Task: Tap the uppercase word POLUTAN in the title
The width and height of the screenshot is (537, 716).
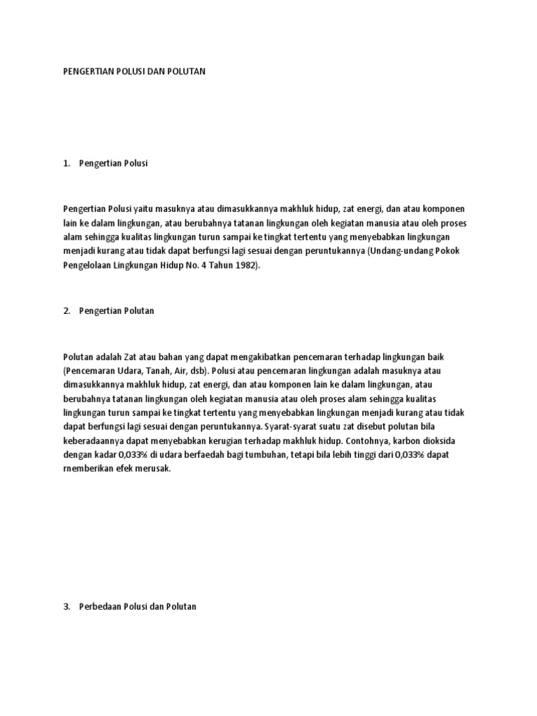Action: [x=187, y=72]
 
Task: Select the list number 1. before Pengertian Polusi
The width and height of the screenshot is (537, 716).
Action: [x=66, y=163]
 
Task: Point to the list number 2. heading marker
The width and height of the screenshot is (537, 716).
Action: [x=66, y=311]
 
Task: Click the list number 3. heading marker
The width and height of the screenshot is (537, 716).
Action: [x=66, y=607]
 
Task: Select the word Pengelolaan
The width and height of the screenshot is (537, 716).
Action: [x=88, y=266]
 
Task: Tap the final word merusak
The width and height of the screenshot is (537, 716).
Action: [x=153, y=470]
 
